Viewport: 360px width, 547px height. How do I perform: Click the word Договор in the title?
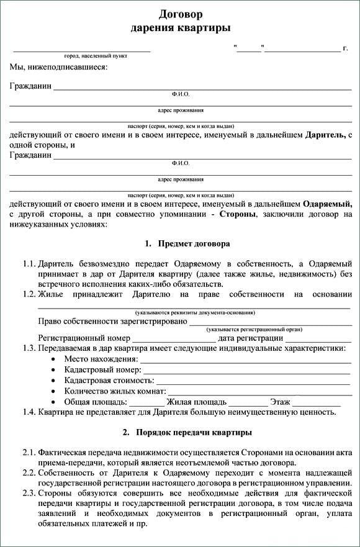pos(181,14)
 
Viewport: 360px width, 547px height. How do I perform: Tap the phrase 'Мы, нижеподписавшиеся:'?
pos(58,66)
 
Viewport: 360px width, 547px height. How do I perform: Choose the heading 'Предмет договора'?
pos(194,243)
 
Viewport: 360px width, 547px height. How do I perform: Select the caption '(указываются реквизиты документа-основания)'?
pos(195,312)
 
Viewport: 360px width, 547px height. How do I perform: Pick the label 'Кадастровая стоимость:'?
pos(109,381)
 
